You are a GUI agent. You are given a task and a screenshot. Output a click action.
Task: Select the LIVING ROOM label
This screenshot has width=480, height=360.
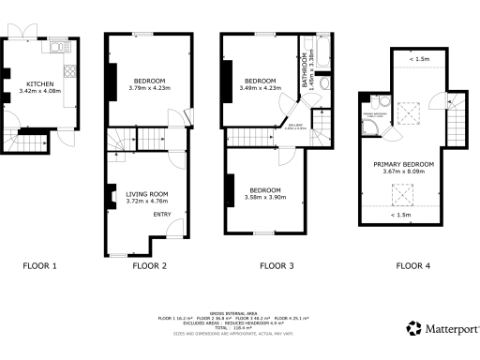pos(145,194)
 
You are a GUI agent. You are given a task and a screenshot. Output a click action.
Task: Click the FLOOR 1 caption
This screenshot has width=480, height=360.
pos(40,266)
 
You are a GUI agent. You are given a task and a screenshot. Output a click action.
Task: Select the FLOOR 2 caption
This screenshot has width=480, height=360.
pos(150,266)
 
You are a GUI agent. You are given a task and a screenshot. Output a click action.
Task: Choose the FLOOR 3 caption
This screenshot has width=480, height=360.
pos(277,266)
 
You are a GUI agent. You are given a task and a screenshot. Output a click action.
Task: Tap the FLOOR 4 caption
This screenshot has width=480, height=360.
pos(413,266)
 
